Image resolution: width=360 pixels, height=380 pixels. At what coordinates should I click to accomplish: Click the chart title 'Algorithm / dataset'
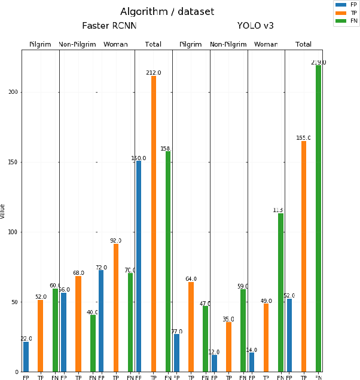[167, 12]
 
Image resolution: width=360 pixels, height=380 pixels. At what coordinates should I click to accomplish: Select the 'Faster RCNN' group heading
[109, 26]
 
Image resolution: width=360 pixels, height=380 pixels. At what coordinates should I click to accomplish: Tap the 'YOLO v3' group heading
[255, 26]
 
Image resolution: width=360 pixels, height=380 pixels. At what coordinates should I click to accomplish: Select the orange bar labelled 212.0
[154, 223]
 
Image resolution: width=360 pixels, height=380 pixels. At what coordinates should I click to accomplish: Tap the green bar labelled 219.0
[318, 218]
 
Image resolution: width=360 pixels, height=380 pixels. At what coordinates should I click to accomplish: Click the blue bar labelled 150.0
[139, 266]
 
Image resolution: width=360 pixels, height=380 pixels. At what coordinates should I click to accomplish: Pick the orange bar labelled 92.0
[116, 307]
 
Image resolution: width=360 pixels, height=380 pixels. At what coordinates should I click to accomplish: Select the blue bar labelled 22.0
[26, 356]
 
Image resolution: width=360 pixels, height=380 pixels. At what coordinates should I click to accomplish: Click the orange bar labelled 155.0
[304, 256]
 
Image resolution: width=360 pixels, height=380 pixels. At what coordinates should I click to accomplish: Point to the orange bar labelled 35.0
[228, 347]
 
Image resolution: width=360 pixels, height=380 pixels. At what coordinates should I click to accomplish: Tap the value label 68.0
[78, 273]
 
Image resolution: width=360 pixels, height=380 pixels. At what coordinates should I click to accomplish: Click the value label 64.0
[191, 279]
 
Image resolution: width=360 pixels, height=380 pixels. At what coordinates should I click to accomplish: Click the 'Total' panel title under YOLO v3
[303, 45]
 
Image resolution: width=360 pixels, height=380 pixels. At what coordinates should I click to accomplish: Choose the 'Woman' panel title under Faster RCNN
[115, 45]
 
